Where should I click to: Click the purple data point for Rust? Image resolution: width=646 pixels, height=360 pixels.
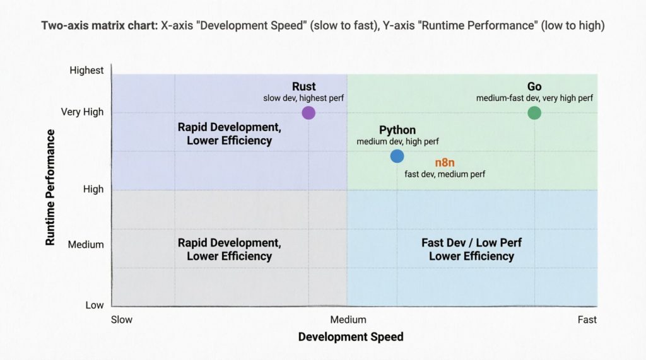tap(308, 113)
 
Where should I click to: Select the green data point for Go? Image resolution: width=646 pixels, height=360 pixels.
tap(534, 113)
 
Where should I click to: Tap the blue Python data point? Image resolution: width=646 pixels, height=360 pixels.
tap(397, 156)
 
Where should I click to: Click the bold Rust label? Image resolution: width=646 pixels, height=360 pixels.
tap(303, 86)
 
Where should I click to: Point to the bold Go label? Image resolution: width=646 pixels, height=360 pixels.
tap(534, 86)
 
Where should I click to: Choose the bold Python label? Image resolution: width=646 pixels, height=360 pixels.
tap(397, 130)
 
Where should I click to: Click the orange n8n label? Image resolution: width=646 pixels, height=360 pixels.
tap(445, 163)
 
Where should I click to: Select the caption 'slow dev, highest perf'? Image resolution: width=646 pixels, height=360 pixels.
tap(303, 98)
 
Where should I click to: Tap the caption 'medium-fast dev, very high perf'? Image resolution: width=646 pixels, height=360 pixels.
tap(534, 98)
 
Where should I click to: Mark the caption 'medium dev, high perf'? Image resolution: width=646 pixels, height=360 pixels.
tap(397, 142)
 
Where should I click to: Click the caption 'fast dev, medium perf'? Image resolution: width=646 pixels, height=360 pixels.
tap(445, 174)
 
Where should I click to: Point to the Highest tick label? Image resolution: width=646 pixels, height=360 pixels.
tap(86, 71)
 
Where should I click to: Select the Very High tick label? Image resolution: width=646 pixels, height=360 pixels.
tap(82, 112)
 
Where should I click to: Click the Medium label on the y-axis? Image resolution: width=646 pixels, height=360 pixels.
tap(86, 245)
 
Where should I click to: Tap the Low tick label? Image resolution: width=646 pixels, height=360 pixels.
tap(95, 305)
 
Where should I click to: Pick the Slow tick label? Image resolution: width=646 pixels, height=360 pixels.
tap(122, 320)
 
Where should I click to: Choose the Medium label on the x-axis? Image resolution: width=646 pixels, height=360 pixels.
tap(348, 320)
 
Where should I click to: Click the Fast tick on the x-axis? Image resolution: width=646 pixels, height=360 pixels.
tap(587, 320)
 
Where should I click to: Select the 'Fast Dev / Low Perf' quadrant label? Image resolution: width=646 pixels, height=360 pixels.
tap(471, 243)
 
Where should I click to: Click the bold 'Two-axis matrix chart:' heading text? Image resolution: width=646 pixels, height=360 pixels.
tap(99, 26)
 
